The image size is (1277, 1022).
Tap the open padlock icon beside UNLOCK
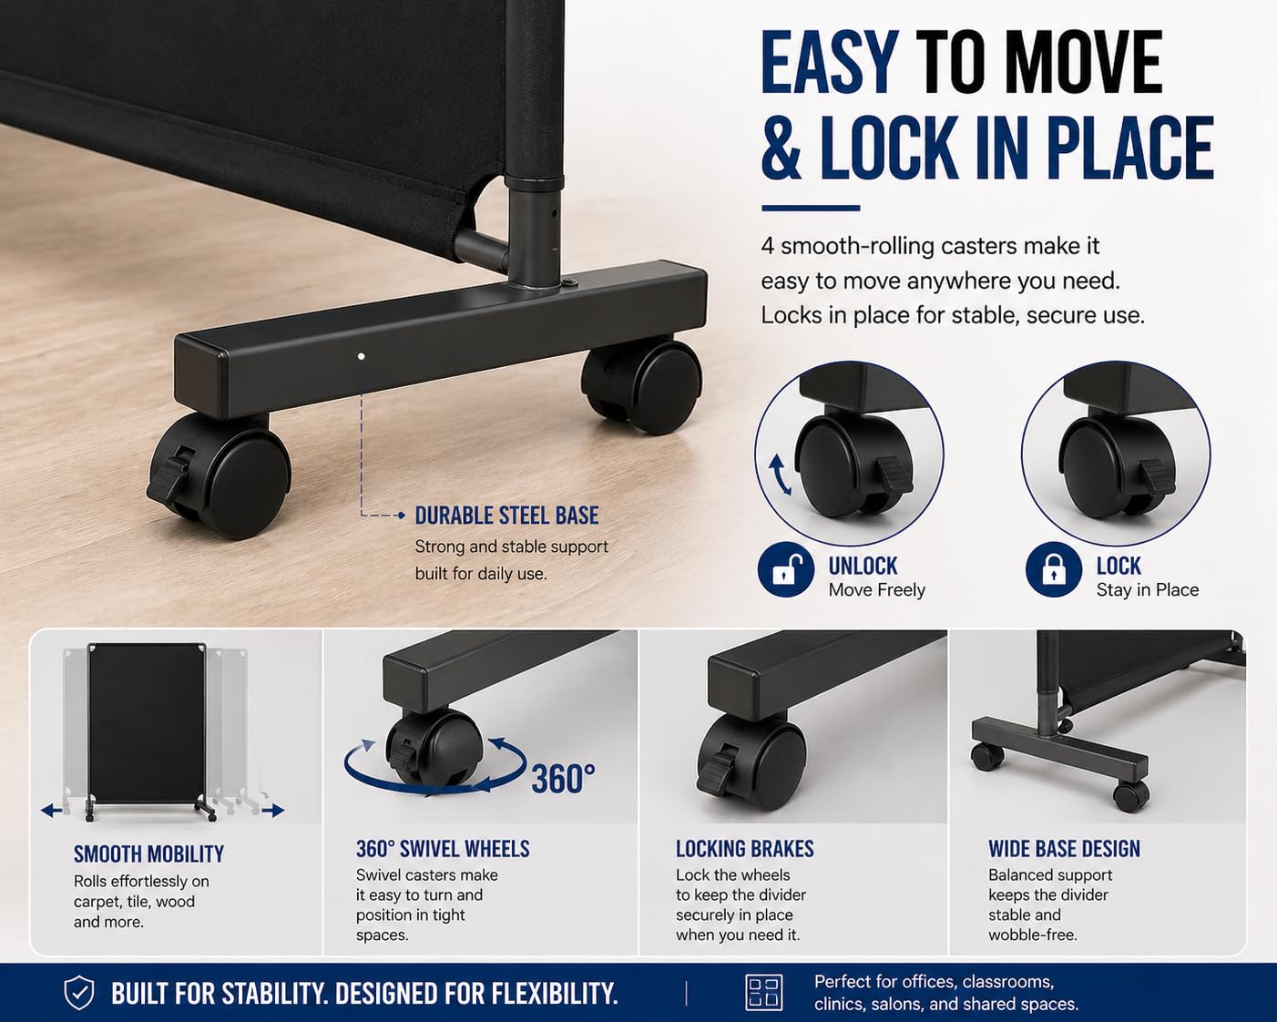[x=786, y=570]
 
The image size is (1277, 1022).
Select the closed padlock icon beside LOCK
[x=1053, y=570]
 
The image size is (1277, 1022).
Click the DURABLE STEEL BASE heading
[x=506, y=516]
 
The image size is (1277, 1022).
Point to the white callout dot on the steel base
[x=361, y=356]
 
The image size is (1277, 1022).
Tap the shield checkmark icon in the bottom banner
[x=79, y=992]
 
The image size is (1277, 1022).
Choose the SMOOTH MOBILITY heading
[x=149, y=854]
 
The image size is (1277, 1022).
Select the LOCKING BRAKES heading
[x=745, y=849]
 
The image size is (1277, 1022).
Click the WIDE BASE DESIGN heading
[x=1064, y=849]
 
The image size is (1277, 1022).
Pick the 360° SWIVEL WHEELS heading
[x=443, y=849]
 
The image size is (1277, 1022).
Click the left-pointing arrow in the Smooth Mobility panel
[x=51, y=810]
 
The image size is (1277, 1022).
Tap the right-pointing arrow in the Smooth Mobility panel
[x=273, y=810]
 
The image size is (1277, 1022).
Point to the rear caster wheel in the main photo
[x=641, y=386]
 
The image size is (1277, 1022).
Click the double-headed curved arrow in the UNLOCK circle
[x=781, y=475]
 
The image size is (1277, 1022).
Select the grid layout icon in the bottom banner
[x=763, y=992]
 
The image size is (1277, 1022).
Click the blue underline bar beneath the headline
[x=811, y=208]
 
